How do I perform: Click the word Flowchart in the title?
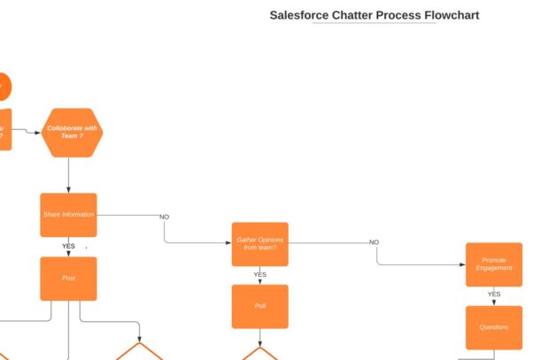pyautogui.click(x=451, y=15)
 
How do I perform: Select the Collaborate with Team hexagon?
pyautogui.click(x=72, y=133)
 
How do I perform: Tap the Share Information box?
pyautogui.click(x=68, y=215)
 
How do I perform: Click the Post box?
pyautogui.click(x=68, y=279)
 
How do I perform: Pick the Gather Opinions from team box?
pyautogui.click(x=259, y=244)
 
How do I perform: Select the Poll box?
pyautogui.click(x=259, y=306)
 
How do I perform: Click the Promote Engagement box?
pyautogui.click(x=494, y=264)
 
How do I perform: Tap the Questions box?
pyautogui.click(x=494, y=327)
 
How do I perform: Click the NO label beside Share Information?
pyautogui.click(x=164, y=217)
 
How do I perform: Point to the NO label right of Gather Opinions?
pyautogui.click(x=374, y=242)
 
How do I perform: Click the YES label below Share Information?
pyautogui.click(x=68, y=247)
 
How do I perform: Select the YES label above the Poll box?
pyautogui.click(x=259, y=275)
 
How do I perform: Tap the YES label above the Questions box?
pyautogui.click(x=494, y=295)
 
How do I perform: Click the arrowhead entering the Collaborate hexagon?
pyautogui.click(x=40, y=133)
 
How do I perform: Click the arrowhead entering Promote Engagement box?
pyautogui.click(x=463, y=264)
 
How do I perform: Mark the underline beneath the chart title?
pyautogui.click(x=374, y=24)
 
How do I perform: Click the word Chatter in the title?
pyautogui.click(x=354, y=15)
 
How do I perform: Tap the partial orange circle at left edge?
pyautogui.click(x=4, y=87)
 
